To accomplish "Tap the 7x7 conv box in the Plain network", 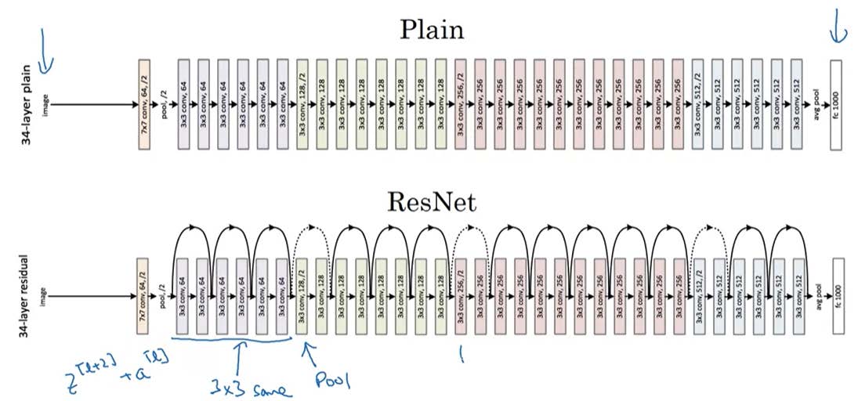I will click(x=143, y=103).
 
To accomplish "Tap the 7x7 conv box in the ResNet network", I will click(x=143, y=296).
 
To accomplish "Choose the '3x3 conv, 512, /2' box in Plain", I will click(x=699, y=103).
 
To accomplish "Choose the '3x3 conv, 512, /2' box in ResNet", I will click(x=699, y=296).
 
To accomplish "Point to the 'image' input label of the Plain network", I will click(x=56, y=103).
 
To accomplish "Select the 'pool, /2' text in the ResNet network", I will click(x=163, y=296).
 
